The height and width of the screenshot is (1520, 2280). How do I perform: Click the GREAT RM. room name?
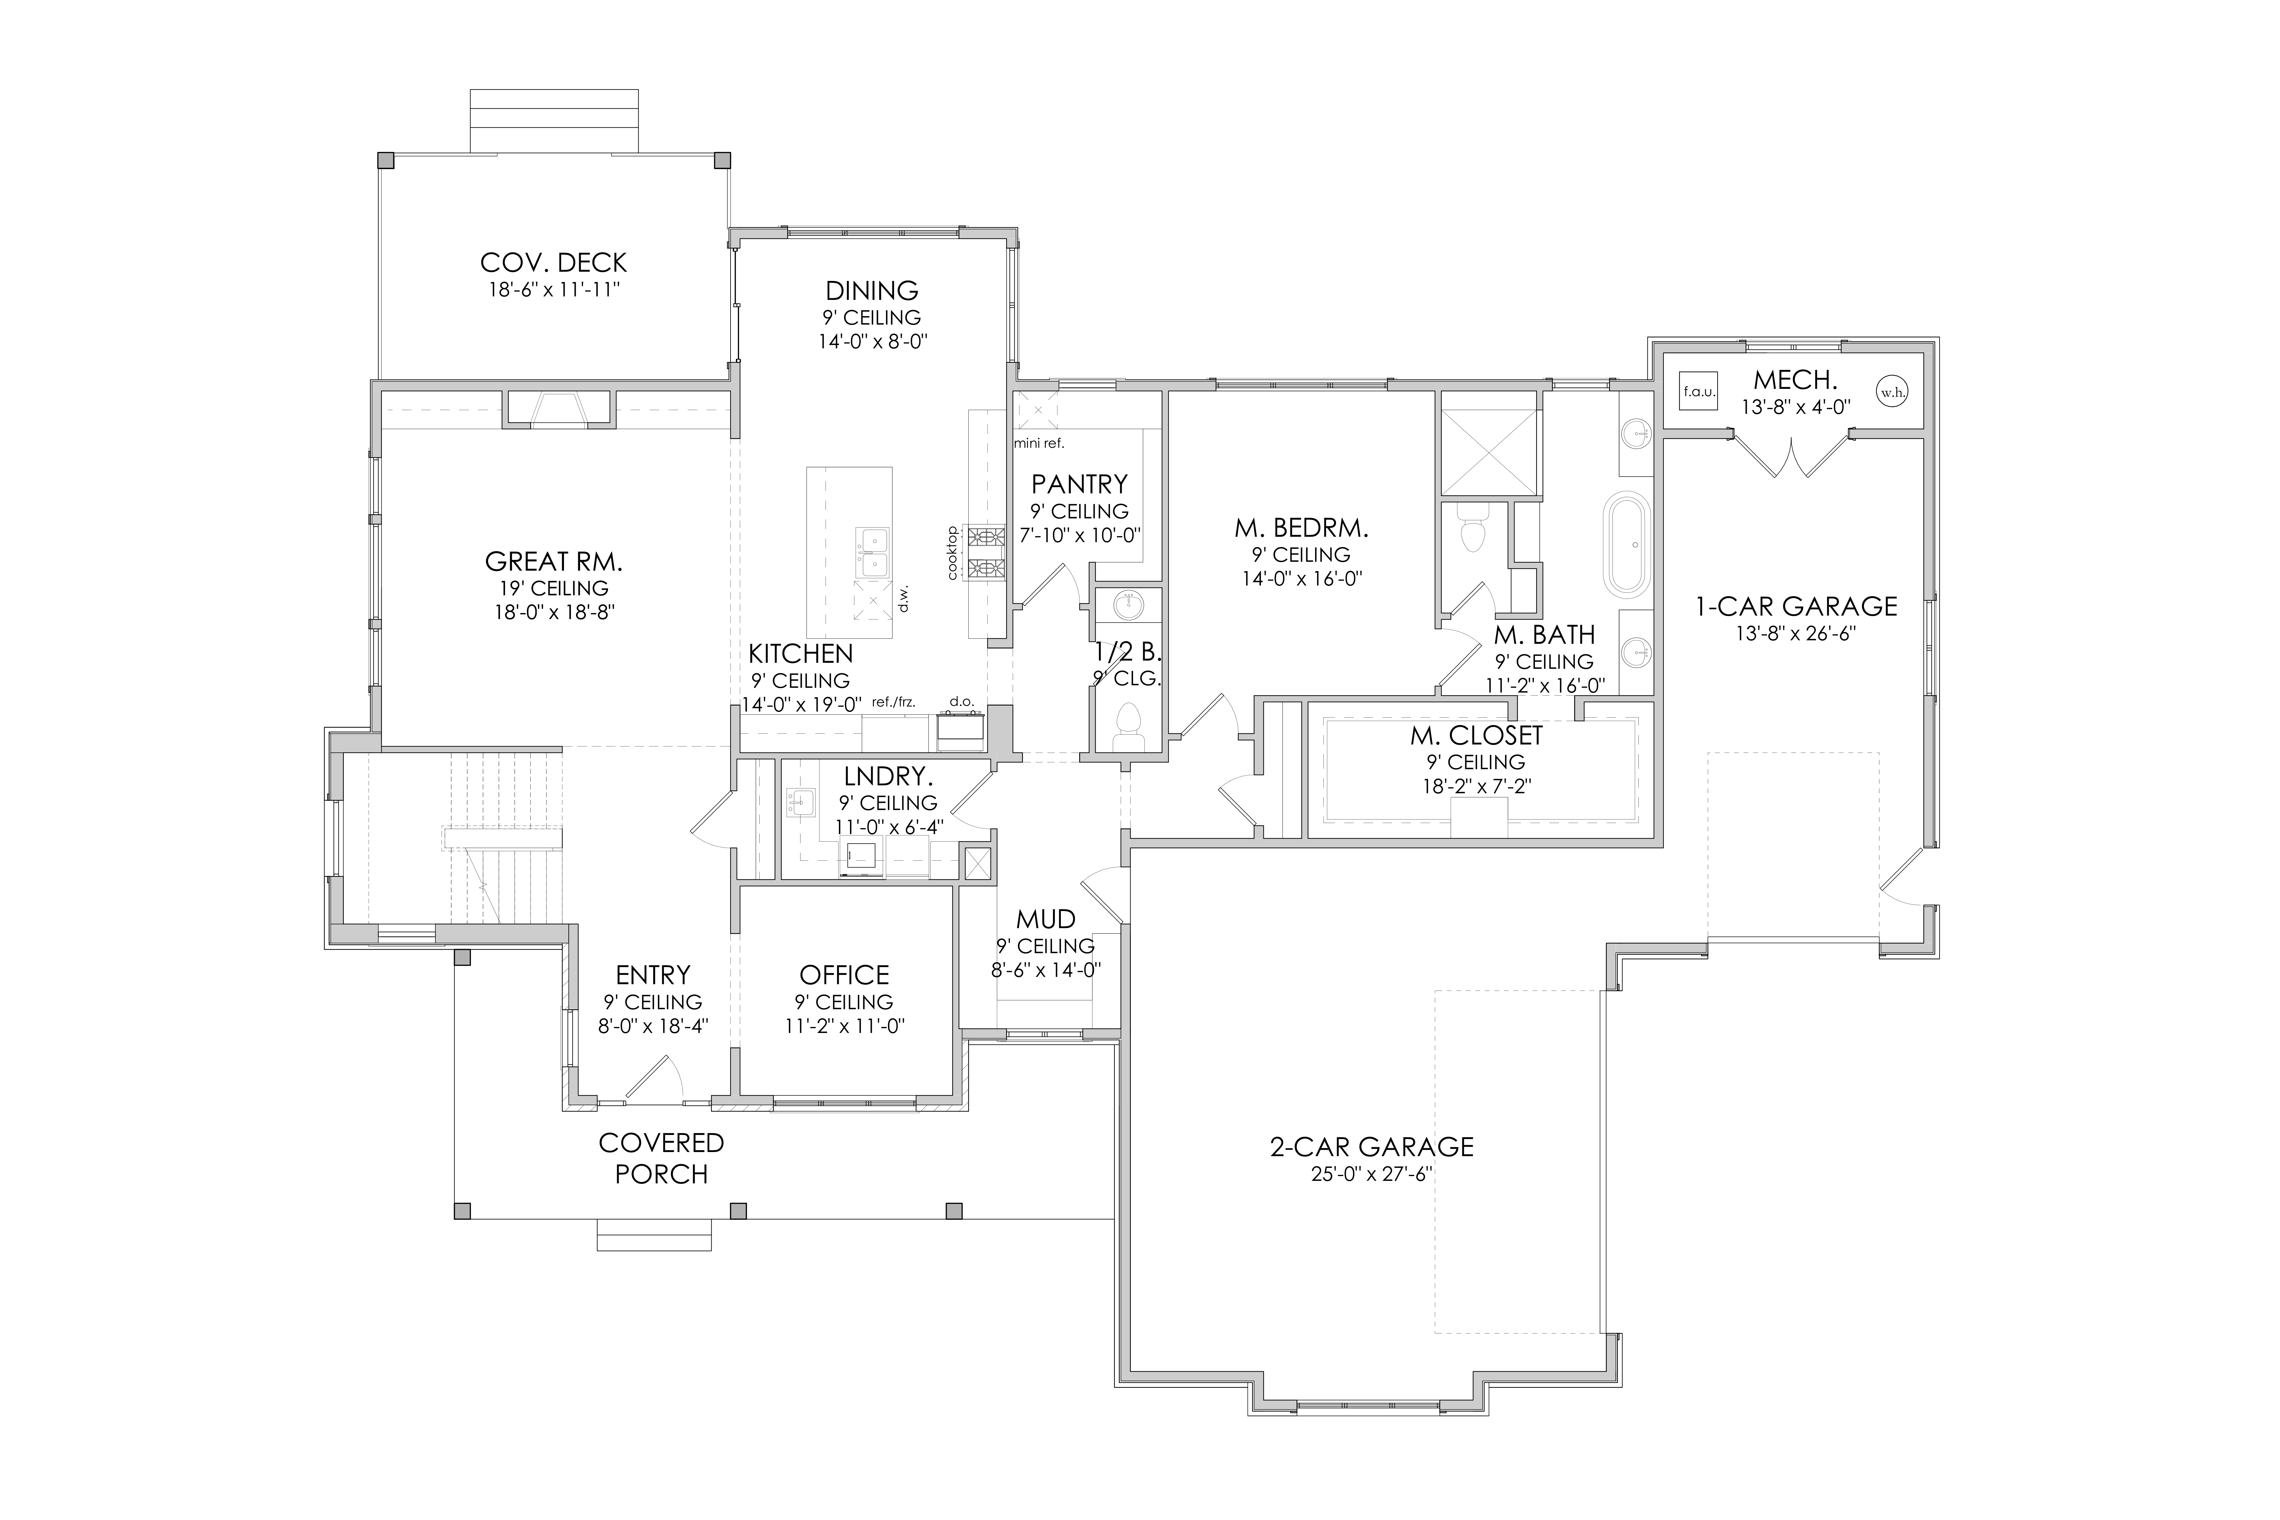pos(554,561)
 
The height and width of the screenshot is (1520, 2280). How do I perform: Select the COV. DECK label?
pos(554,263)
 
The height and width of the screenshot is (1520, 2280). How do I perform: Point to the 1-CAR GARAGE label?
pos(1796,607)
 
